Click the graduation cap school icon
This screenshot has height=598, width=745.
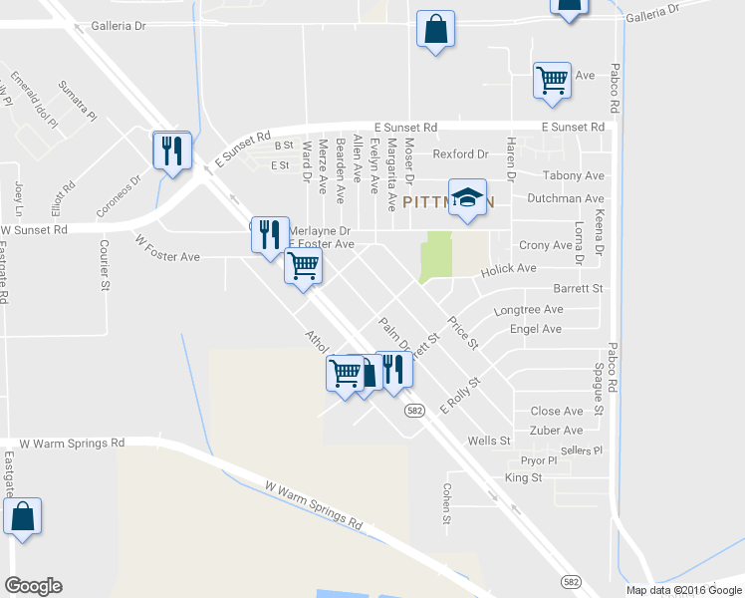click(466, 196)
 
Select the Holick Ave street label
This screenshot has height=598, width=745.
click(508, 269)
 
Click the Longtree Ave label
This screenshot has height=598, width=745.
click(528, 310)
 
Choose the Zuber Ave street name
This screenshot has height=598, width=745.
click(557, 431)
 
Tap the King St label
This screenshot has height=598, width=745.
click(523, 478)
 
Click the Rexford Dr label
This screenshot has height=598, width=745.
click(461, 154)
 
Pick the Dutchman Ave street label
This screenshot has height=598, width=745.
click(565, 199)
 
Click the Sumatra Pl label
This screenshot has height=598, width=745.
click(77, 100)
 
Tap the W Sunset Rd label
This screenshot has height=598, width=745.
click(34, 229)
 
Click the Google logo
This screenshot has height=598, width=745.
click(33, 586)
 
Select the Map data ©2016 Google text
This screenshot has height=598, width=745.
click(682, 590)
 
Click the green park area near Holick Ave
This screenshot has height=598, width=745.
click(435, 256)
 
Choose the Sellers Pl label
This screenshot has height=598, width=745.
click(582, 450)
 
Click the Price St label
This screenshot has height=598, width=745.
click(463, 333)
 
